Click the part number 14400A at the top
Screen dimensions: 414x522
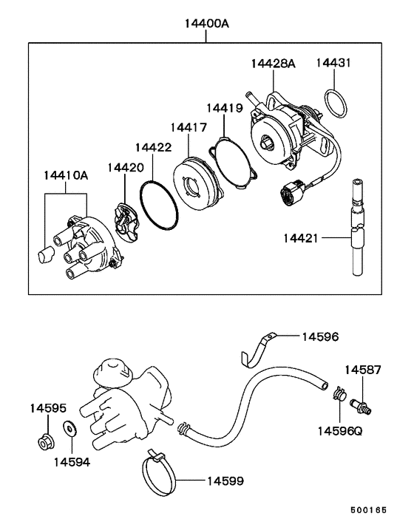tap(207, 24)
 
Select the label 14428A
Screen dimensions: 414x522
tap(273, 64)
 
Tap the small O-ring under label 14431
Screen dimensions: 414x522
tap(336, 103)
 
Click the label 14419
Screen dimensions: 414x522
tap(225, 108)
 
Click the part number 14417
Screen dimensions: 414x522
tap(189, 127)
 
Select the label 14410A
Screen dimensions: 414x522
tap(66, 175)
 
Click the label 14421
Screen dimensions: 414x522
tap(301, 238)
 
